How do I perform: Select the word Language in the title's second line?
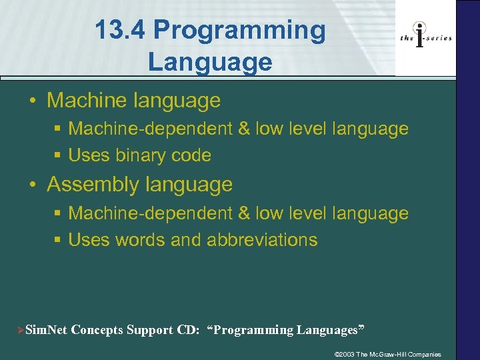210,62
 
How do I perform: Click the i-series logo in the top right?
425,37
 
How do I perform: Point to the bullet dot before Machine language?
33,101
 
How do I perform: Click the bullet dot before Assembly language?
33,185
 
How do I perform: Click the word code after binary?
192,155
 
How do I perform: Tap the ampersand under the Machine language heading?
243,129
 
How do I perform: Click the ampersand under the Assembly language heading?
243,213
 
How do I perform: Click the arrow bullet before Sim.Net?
20,330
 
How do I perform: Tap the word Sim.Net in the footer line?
47,330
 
